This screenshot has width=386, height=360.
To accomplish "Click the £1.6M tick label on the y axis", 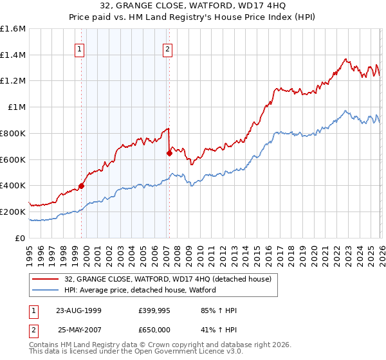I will coord(13,29).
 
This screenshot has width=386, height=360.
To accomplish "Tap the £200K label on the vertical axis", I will coord(13,212).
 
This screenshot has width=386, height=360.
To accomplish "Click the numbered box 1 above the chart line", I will coord(79,48).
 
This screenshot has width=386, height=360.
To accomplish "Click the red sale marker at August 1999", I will coord(82,186).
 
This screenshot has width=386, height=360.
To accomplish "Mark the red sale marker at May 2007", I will coord(169,153).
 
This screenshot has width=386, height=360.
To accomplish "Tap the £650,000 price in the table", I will coord(154,328).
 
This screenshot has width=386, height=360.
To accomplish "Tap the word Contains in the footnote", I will coord(44,345).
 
